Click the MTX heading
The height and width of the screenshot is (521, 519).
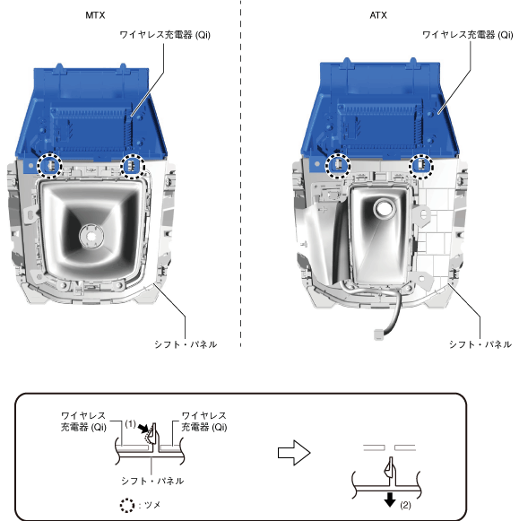(x=95, y=15)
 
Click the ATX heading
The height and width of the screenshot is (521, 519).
(x=378, y=15)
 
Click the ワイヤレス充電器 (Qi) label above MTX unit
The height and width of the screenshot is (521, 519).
(x=165, y=35)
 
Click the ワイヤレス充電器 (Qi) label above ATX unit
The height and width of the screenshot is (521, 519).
(x=468, y=35)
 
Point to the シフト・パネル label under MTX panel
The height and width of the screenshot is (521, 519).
(x=186, y=344)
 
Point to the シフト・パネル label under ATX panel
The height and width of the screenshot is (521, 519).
(x=480, y=344)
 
